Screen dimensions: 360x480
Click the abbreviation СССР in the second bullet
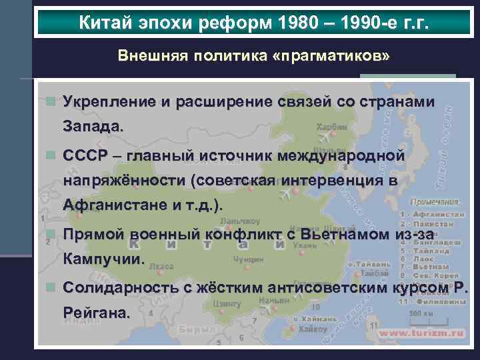point(85,155)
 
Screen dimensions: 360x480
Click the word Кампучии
point(103,259)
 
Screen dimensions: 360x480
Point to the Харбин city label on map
point(331,127)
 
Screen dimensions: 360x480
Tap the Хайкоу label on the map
point(313,329)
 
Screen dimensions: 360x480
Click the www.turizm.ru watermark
point(419,332)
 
